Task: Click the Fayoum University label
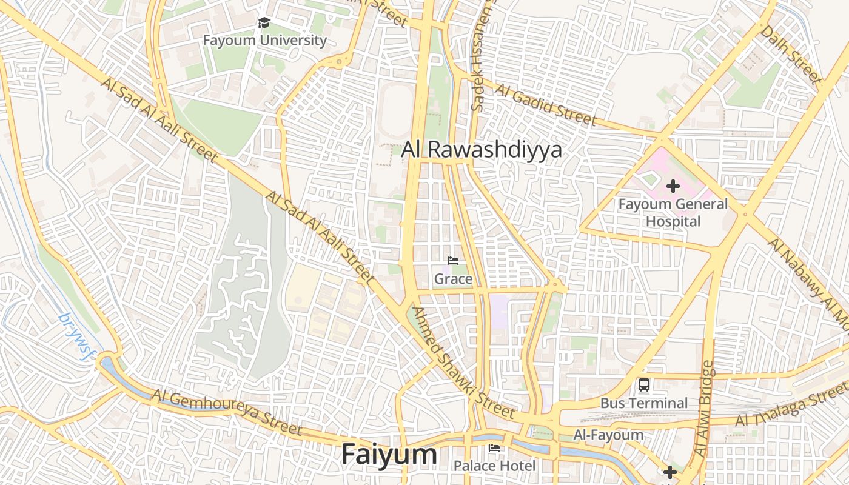264,41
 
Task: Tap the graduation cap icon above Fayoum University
264,23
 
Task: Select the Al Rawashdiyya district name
482,150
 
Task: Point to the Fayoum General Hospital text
673,213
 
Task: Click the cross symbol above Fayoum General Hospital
673,186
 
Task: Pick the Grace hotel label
453,279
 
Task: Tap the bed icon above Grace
453,261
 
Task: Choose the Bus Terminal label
644,403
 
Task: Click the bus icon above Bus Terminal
644,384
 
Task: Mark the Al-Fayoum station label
608,435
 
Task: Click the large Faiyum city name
389,454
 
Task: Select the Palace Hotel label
495,466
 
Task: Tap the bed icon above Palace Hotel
494,448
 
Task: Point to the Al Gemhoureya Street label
226,412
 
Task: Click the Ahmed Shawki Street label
463,363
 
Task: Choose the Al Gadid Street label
545,104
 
